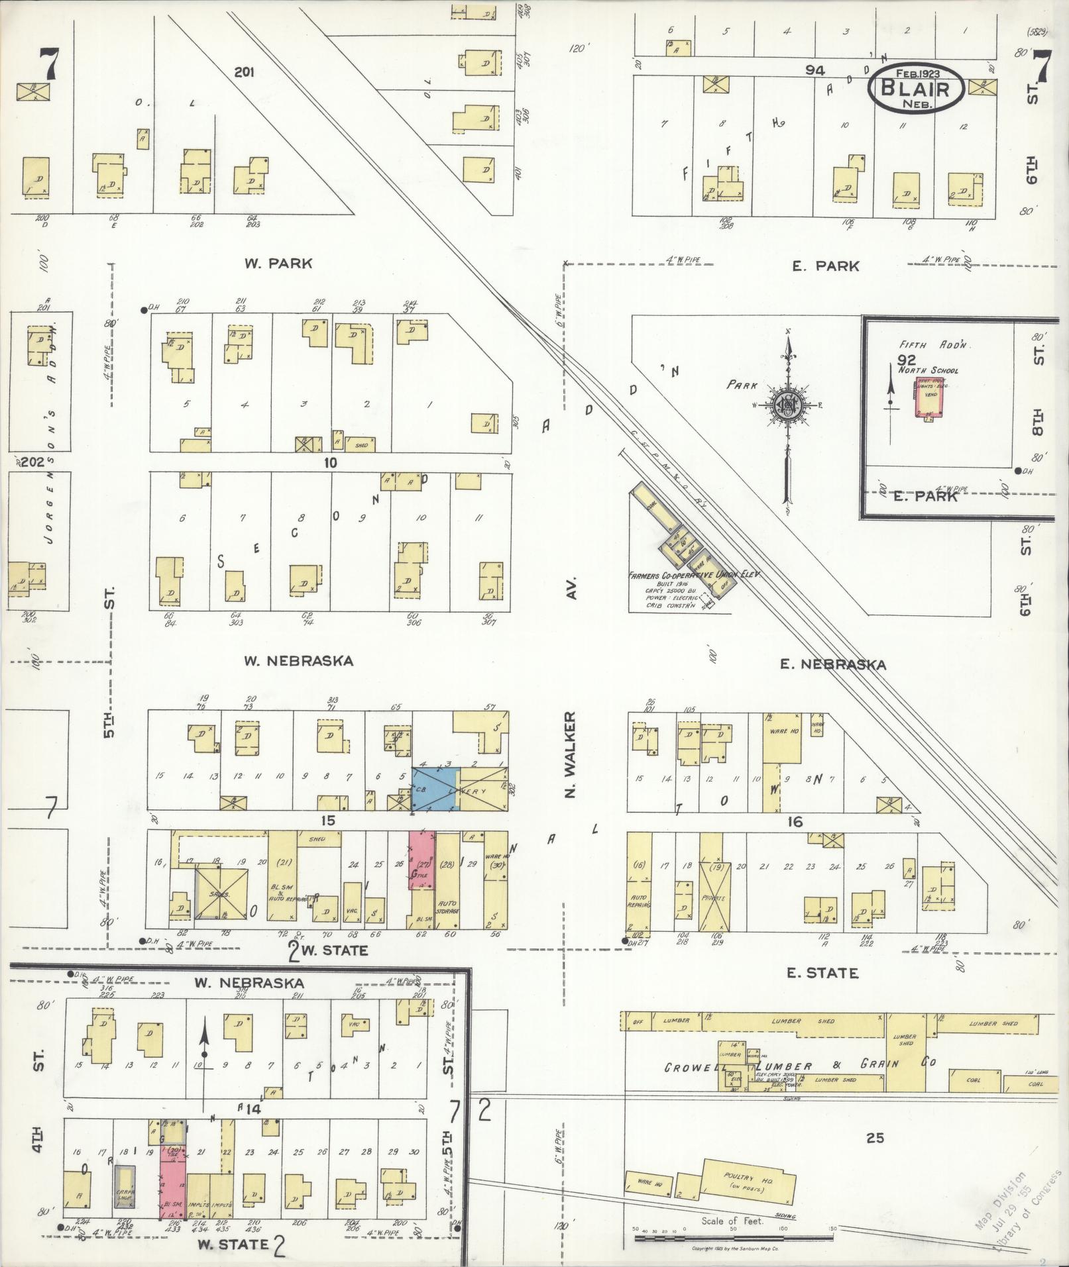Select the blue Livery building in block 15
[x=435, y=789]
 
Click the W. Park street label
[x=278, y=264]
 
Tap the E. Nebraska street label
[x=832, y=664]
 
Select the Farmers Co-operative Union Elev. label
[x=693, y=576]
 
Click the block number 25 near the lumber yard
[x=875, y=1138]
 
